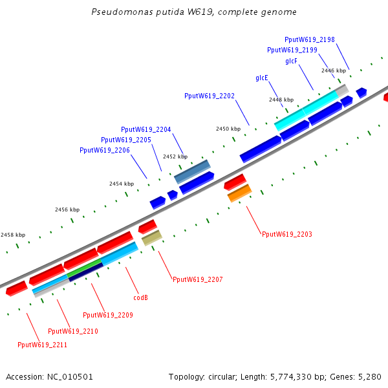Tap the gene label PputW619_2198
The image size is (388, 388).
point(309,40)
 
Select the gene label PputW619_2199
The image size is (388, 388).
point(292,50)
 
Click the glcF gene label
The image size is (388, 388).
point(291,61)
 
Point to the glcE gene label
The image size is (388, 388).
point(262,78)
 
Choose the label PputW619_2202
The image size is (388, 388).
point(209,96)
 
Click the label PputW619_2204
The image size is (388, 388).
point(145,129)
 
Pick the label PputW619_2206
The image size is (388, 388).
point(104,150)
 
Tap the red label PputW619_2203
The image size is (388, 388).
point(286,234)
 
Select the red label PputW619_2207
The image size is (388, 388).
point(197,279)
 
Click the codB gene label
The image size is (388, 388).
point(140,298)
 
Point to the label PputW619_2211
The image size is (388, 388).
point(42,345)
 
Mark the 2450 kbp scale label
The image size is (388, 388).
point(228,129)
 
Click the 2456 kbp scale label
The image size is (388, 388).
point(67,210)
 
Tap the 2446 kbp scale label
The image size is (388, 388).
point(334,70)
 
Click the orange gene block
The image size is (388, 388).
point(239,193)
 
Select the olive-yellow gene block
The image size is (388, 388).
point(151,238)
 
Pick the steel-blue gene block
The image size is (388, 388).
point(193,171)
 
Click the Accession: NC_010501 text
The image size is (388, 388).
point(49,376)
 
